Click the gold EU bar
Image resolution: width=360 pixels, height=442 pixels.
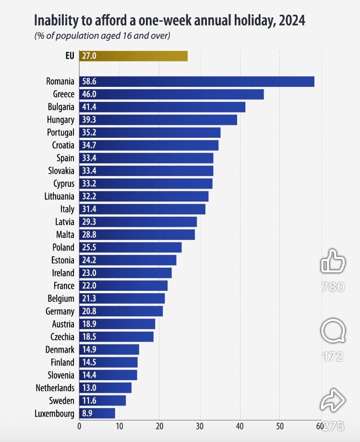tap(133, 56)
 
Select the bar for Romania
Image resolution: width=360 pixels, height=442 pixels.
tap(197, 82)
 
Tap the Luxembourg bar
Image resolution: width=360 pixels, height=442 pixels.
tap(97, 413)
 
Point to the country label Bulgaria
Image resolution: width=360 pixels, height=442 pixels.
tap(61, 107)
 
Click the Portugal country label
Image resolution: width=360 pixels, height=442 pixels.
tap(60, 132)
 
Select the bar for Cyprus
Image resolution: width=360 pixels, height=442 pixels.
tap(146, 183)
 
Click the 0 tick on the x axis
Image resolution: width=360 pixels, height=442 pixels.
tap(79, 425)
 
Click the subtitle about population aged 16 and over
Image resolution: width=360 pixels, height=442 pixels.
tap(102, 36)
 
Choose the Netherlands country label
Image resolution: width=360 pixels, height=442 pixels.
tap(55, 388)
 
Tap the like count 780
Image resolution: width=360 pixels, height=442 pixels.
tap(333, 287)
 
